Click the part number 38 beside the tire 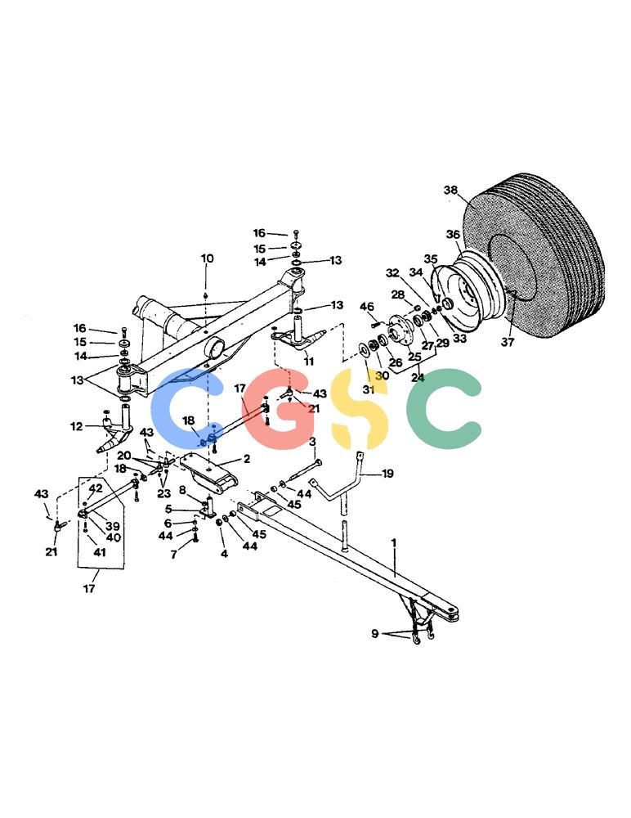click(x=450, y=190)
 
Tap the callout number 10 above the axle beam click(x=207, y=258)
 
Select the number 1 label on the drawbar click(x=394, y=543)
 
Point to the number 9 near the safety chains click(x=375, y=634)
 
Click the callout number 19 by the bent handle click(x=387, y=474)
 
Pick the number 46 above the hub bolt click(x=367, y=306)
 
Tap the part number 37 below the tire click(x=508, y=342)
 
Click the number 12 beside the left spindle click(x=76, y=426)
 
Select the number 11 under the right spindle click(x=309, y=361)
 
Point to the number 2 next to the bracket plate click(x=247, y=459)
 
